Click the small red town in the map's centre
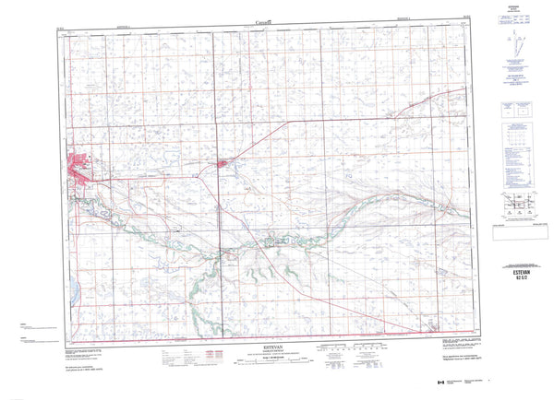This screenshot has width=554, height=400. pos(223,166)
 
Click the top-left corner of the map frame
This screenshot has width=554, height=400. pos(70,29)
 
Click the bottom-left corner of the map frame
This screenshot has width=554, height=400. pos(70,334)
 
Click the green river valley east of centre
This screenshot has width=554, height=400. pos(369,198)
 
